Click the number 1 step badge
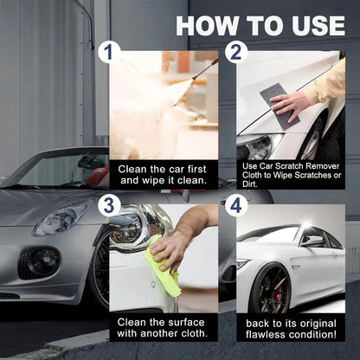108,53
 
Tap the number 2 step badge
236,53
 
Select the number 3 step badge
108,205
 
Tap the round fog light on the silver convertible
37,259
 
